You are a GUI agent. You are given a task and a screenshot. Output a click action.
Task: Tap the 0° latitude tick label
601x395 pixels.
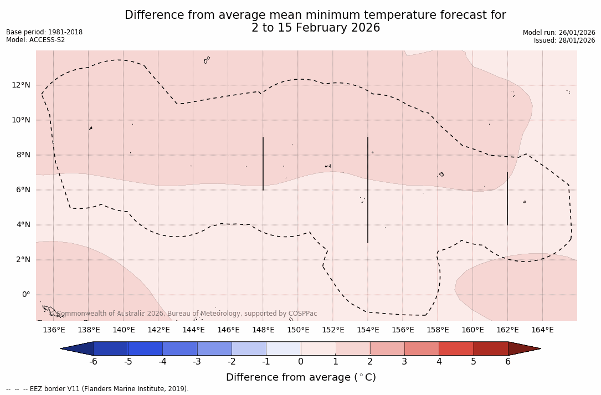[x=25, y=295]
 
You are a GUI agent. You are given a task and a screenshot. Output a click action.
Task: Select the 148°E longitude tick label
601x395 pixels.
[x=263, y=330]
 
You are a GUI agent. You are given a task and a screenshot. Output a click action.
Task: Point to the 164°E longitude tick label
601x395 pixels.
[x=542, y=330]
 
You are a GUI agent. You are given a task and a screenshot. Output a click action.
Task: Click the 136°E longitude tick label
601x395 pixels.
[x=54, y=330]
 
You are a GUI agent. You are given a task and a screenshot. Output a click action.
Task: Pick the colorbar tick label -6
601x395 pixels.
[x=93, y=362]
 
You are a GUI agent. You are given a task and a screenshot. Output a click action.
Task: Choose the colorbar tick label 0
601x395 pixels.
[x=301, y=362]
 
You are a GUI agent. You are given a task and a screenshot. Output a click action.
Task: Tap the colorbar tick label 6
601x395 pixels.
[x=508, y=362]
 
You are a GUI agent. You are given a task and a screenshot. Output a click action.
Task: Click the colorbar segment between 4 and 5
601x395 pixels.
[x=456, y=348]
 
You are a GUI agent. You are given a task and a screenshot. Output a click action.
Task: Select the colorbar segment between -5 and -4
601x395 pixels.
[x=145, y=348]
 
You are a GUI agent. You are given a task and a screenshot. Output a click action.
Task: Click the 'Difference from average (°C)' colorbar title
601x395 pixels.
[x=301, y=377]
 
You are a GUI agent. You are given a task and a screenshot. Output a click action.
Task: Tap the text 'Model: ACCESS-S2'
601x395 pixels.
[x=35, y=40]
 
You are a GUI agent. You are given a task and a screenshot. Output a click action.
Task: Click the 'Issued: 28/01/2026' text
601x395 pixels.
[x=564, y=40]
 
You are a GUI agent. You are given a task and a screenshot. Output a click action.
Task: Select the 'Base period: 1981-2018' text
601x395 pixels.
[x=44, y=32]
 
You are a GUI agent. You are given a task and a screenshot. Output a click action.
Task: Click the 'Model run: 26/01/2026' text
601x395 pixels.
[x=559, y=33]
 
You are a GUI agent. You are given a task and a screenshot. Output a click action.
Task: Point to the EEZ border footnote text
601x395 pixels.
[x=97, y=389]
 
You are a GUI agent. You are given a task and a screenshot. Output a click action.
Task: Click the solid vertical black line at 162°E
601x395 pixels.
[x=507, y=198]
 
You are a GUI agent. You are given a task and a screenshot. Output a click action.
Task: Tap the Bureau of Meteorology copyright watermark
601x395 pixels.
[x=187, y=314]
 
